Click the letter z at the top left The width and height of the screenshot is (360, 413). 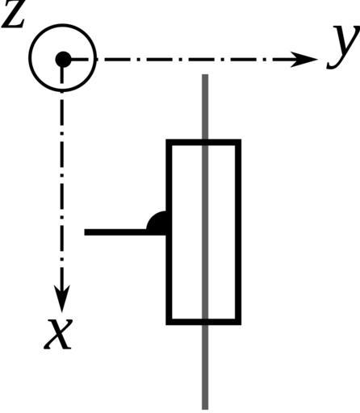pos(13,16)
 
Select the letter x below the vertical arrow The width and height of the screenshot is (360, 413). pos(59,334)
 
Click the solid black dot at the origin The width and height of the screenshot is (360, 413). pos(63,59)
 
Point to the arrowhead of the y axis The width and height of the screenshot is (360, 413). pos(304,59)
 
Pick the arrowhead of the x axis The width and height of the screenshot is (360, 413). pos(62,298)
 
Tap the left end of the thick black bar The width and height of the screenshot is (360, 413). pos(85,232)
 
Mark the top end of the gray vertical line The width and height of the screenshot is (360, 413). pos(205,75)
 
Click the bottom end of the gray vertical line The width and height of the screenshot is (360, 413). pos(205,409)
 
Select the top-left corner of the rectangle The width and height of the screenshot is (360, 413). pos(166,140)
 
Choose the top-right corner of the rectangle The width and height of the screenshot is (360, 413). pos(241,140)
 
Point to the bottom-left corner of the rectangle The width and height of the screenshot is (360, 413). pos(166,324)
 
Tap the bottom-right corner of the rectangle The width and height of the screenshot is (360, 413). pos(241,324)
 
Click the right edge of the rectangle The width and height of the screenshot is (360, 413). pos(238,232)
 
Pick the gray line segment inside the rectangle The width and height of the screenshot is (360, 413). pos(205,232)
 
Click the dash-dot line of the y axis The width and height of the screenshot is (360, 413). pos(194,59)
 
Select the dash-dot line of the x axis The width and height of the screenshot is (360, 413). pos(62,188)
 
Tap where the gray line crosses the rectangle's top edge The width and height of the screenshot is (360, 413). pos(205,143)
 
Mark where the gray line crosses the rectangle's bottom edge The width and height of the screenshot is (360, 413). pos(205,322)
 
